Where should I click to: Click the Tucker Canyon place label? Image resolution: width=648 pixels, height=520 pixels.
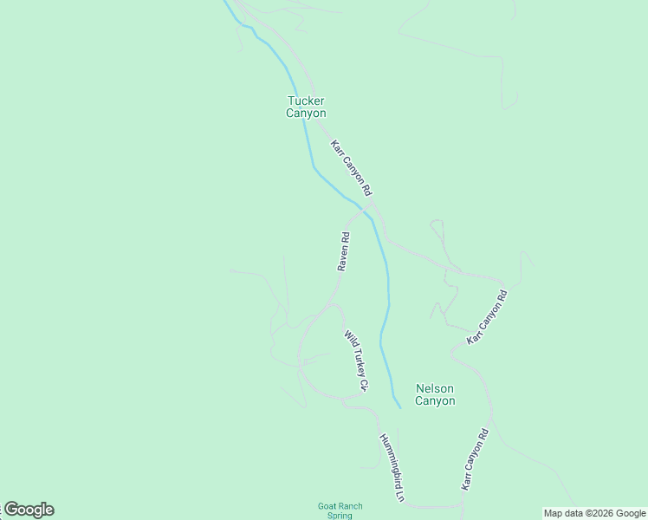coord(306,107)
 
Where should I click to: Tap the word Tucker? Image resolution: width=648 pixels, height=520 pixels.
coord(306,101)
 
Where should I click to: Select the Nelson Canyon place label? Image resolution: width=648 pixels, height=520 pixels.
coord(435,394)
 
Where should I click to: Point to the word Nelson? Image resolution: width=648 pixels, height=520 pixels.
coord(435,388)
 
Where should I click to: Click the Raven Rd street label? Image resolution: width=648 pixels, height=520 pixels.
coord(344,251)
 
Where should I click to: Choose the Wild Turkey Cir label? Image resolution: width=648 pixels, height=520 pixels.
coord(356,361)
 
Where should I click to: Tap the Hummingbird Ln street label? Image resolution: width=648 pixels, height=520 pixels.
coord(392,468)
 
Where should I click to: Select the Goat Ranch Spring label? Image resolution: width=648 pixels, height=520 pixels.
coord(340,510)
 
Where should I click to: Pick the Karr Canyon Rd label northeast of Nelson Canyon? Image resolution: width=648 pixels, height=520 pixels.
coord(486,317)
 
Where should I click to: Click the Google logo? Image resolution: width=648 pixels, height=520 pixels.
coord(29,510)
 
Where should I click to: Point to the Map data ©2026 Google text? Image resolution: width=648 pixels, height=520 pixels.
coord(594,513)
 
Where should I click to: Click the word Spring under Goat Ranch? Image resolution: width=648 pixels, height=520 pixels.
coord(340,516)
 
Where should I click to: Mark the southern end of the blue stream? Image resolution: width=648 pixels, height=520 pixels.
coord(399,406)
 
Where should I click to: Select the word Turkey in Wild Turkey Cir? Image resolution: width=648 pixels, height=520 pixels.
coord(356,359)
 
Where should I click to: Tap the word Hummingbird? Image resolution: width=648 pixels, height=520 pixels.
coord(389,461)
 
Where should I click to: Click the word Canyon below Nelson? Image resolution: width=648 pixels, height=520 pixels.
coord(435,400)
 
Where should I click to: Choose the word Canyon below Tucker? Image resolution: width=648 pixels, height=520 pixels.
coord(306,113)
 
